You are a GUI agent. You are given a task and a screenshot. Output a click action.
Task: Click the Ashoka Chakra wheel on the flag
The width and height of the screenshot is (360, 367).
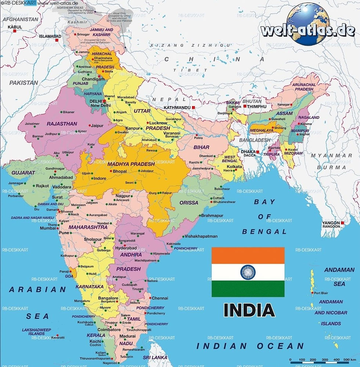(x=248, y=272)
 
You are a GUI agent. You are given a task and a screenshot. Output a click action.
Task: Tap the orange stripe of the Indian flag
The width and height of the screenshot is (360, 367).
(x=248, y=255)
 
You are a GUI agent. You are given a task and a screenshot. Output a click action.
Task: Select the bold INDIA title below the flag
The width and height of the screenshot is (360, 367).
(x=249, y=310)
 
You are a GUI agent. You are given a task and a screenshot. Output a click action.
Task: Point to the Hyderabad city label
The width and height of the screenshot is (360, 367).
(x=126, y=248)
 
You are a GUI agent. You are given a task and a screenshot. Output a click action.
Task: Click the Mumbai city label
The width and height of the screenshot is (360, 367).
(x=48, y=228)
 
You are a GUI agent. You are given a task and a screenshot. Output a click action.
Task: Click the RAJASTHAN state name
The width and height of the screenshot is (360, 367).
(x=62, y=124)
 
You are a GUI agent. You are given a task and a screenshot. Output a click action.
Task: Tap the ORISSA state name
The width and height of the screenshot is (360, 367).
(x=189, y=203)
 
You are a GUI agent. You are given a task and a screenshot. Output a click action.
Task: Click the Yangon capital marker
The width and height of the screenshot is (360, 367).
(x=342, y=222)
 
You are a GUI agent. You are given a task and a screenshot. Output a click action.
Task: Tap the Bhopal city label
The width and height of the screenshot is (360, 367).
(x=120, y=171)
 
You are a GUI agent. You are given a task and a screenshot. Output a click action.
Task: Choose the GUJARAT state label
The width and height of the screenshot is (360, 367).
(x=23, y=172)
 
